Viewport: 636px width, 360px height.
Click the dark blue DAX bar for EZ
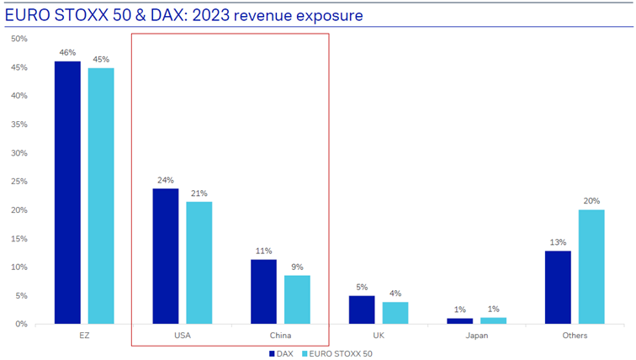point(67,193)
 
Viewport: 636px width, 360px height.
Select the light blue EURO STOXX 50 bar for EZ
point(101,195)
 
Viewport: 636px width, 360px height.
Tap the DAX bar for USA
point(166,256)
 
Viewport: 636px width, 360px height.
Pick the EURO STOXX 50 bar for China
point(297,299)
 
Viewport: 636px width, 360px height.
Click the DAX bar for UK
point(362,310)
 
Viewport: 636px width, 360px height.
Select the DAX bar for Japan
point(460,320)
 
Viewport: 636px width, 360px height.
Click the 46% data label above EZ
point(67,52)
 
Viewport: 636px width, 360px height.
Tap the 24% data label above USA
point(166,179)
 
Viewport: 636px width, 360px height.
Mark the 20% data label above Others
point(591,200)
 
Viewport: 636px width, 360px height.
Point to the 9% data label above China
point(297,267)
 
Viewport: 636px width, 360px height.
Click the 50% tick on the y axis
point(19,39)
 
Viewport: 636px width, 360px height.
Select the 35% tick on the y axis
point(19,124)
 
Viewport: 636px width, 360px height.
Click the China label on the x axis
point(280,336)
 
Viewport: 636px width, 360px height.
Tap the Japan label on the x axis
point(476,336)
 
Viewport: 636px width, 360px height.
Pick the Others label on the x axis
point(575,336)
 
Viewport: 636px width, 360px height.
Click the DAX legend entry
point(282,353)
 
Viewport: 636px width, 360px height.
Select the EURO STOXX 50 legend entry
point(337,353)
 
